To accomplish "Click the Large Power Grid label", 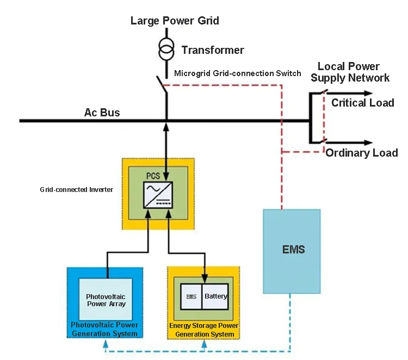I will pyautogui.click(x=175, y=21).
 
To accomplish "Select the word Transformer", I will pyautogui.click(x=213, y=50).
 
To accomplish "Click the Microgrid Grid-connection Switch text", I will pyautogui.click(x=237, y=73).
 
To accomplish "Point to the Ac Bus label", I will pyautogui.click(x=102, y=113).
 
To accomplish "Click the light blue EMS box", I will pyautogui.click(x=292, y=250).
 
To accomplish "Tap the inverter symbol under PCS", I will pyautogui.click(x=158, y=195).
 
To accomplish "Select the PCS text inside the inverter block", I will pyautogui.click(x=155, y=176).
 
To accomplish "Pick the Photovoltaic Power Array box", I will pyautogui.click(x=106, y=300).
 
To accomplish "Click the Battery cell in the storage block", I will pyautogui.click(x=216, y=297).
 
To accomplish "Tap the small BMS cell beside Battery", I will pyautogui.click(x=191, y=297).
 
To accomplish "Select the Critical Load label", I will pyautogui.click(x=362, y=103).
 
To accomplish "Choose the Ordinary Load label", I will pyautogui.click(x=362, y=153).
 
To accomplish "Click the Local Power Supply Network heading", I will pyautogui.click(x=350, y=72).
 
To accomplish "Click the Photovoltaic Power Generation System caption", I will pyautogui.click(x=104, y=329).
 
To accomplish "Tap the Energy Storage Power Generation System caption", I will pyautogui.click(x=203, y=330).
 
